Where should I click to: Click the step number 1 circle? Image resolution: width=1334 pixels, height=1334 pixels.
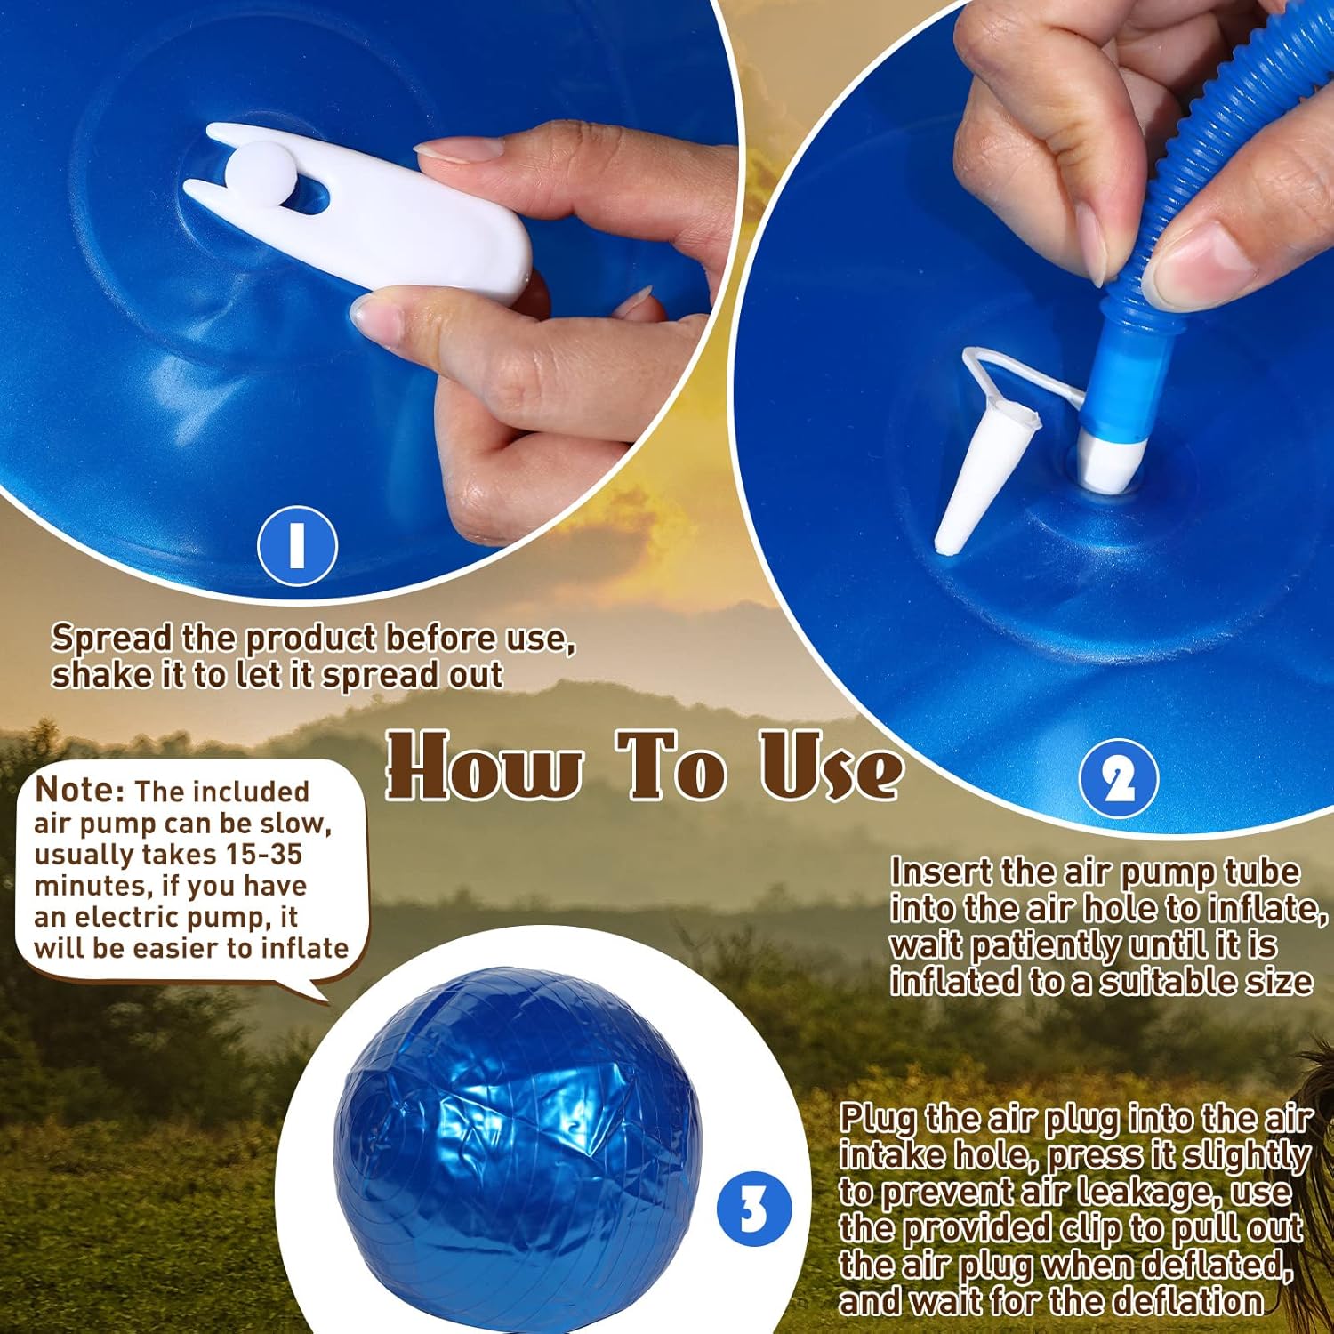coord(297,545)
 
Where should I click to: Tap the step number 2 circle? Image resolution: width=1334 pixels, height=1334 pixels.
coord(1119,779)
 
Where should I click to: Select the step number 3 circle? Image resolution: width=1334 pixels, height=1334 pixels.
coord(753,1210)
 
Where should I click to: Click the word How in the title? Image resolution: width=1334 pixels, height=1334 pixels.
coord(485,765)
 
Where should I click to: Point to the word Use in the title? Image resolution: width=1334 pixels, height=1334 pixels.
coord(831,765)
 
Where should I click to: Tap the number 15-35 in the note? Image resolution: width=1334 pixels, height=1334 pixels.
coord(264,854)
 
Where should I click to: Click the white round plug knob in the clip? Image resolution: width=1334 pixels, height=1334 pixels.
coord(259,170)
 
